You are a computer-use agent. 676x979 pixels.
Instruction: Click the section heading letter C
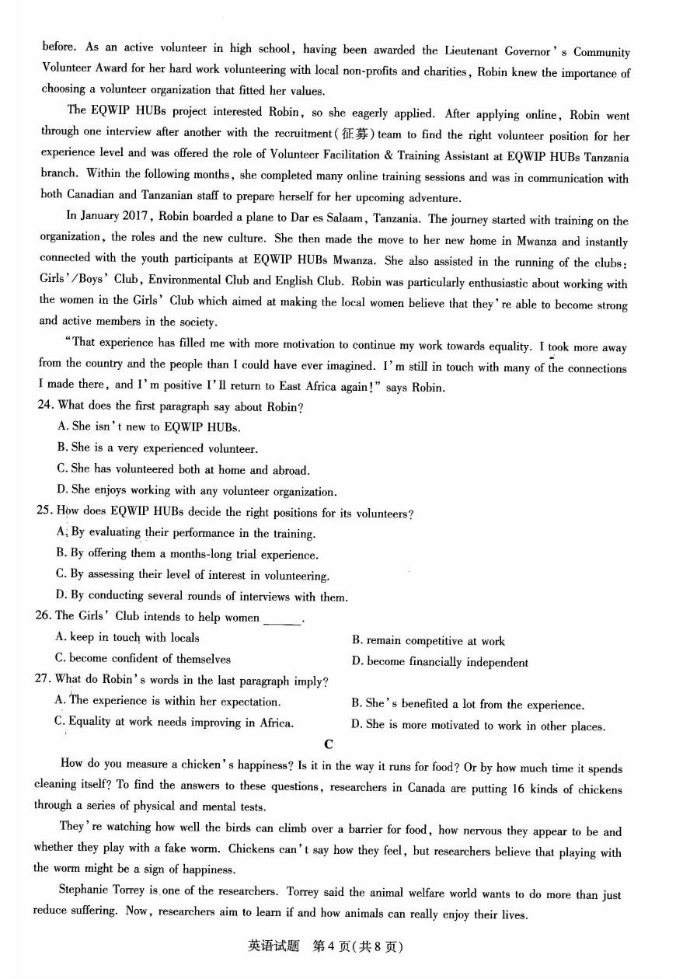[x=329, y=744]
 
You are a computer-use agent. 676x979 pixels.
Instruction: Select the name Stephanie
[x=85, y=891]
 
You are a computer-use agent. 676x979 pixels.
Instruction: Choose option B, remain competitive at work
[x=428, y=641]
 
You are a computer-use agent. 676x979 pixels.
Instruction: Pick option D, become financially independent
[x=440, y=662]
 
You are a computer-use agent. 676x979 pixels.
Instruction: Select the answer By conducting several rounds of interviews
[x=202, y=597]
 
